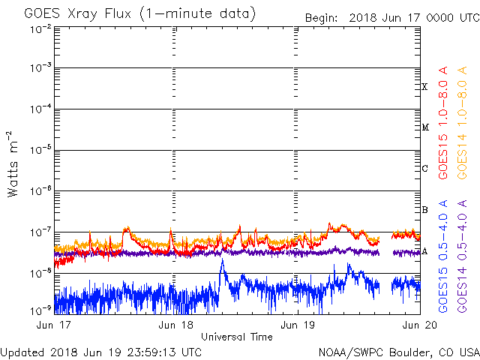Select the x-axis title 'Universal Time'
tap(236, 337)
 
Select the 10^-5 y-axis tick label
tap(41, 149)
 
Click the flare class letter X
tap(424, 87)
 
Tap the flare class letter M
tap(424, 127)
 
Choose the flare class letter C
tap(424, 168)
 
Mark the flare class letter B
tap(424, 209)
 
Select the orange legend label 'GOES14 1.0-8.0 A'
tap(464, 124)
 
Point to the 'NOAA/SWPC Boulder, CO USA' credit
tap(398, 351)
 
